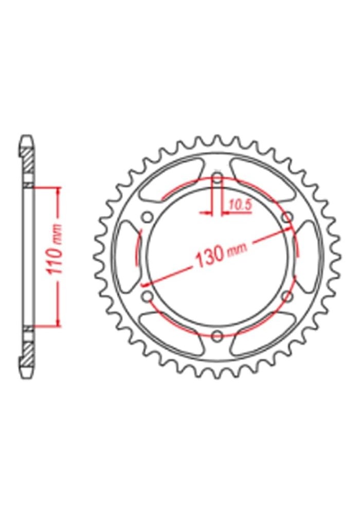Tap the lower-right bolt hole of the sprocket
coord(287,297)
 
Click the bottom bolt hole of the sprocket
coord(217,336)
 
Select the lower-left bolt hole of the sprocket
coord(148,297)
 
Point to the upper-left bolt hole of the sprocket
coord(148,217)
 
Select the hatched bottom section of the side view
coord(28,355)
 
